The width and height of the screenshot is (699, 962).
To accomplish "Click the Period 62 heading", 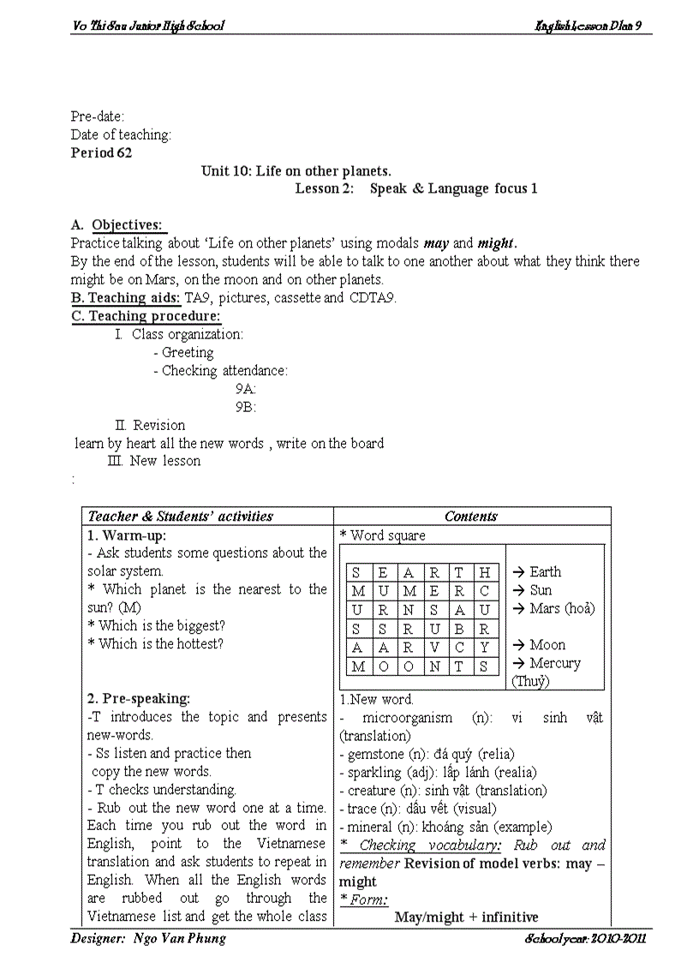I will (101, 153).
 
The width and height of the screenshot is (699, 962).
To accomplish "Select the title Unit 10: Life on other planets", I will (296, 171).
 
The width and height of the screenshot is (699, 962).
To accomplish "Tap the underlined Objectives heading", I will (127, 225).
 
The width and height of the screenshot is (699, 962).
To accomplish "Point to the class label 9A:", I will (246, 389).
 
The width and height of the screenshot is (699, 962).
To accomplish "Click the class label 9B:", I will (246, 408).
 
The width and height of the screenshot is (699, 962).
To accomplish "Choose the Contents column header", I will (471, 517).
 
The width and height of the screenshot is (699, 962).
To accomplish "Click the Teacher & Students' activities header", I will (181, 517).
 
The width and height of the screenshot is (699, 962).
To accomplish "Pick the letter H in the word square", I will (485, 573).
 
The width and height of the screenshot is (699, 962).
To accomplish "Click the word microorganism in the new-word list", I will (407, 718).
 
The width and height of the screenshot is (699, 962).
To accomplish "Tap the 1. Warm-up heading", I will (127, 535).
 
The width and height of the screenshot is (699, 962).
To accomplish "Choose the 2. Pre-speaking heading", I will (139, 699).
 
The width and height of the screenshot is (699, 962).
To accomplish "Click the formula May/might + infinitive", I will (466, 917).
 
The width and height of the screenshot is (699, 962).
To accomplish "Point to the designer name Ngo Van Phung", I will (180, 939).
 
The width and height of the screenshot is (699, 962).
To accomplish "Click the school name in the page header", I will (148, 26).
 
